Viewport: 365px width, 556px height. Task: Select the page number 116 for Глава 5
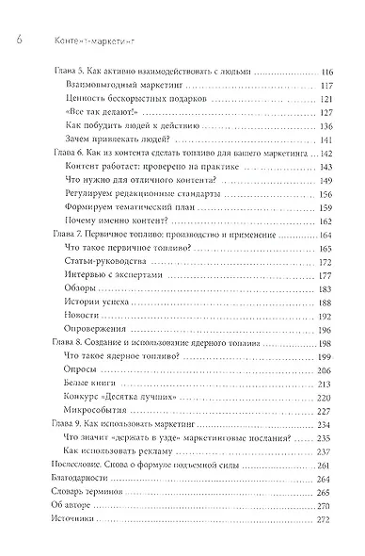(327, 73)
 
